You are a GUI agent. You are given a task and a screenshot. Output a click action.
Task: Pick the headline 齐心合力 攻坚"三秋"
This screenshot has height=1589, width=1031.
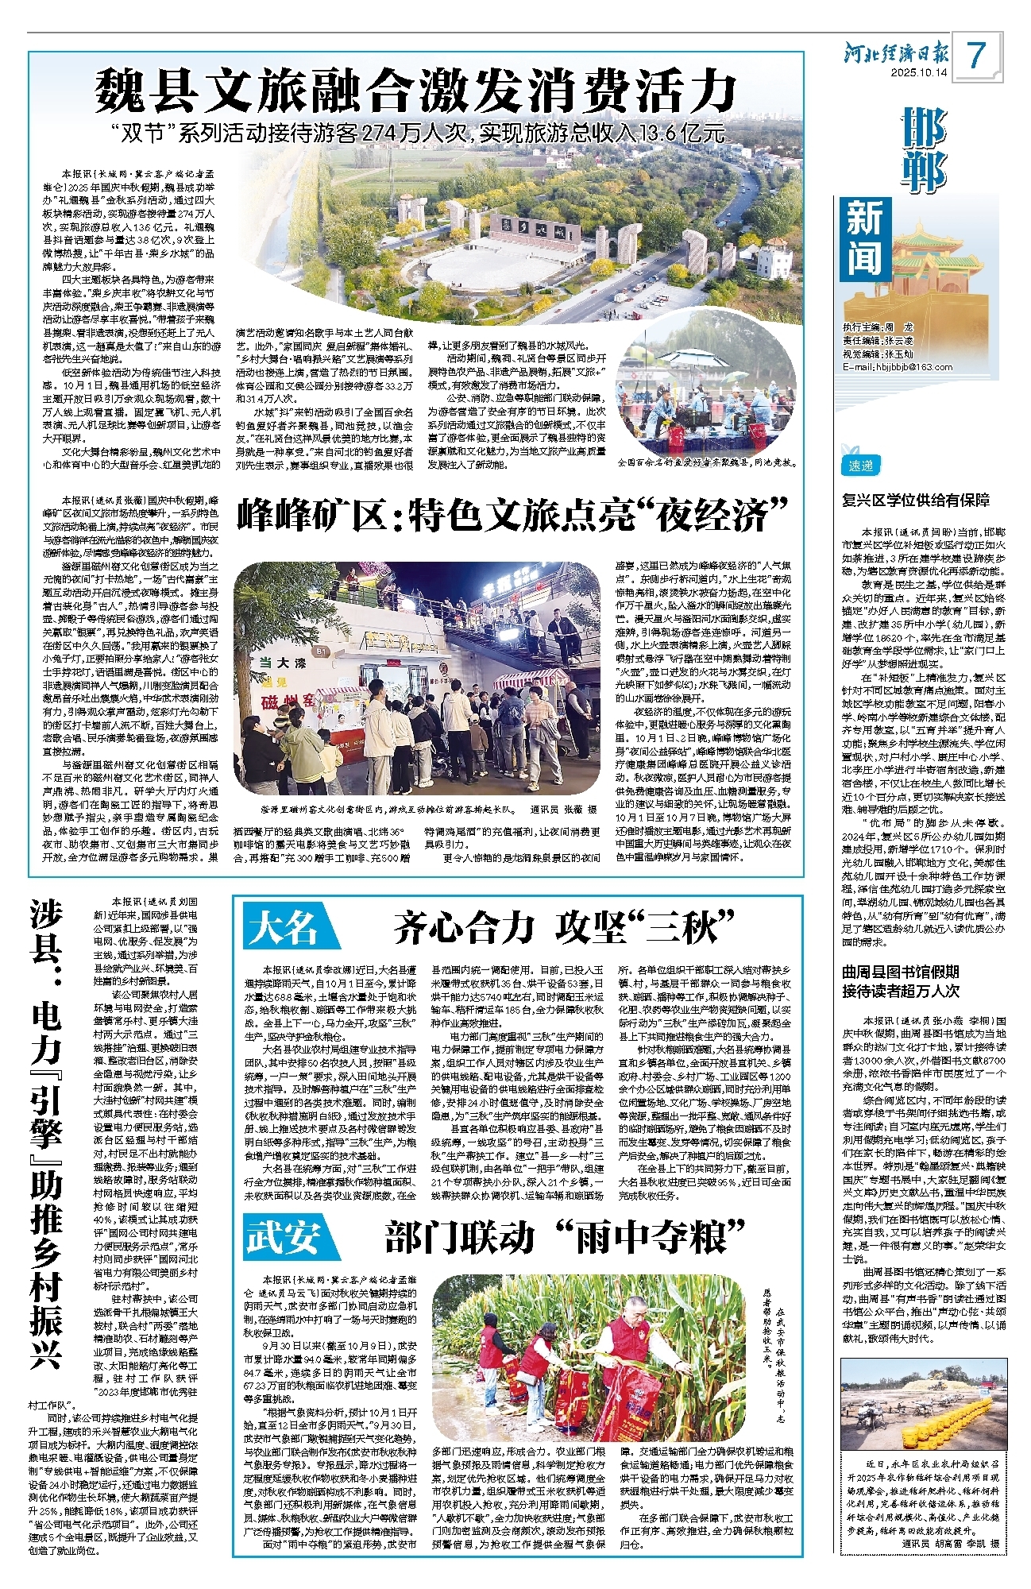coord(564,926)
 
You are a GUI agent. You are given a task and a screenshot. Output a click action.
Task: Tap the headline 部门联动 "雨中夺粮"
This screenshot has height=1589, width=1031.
coord(566,1236)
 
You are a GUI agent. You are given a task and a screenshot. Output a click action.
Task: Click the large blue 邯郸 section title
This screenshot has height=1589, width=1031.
coord(924,149)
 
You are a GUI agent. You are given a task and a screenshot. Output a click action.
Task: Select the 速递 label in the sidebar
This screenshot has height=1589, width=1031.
coord(861,466)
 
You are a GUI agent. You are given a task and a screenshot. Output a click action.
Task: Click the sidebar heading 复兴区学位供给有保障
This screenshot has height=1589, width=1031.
coord(916,501)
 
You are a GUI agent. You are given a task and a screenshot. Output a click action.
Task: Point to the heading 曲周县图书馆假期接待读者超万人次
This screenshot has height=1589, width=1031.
coord(901,981)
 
